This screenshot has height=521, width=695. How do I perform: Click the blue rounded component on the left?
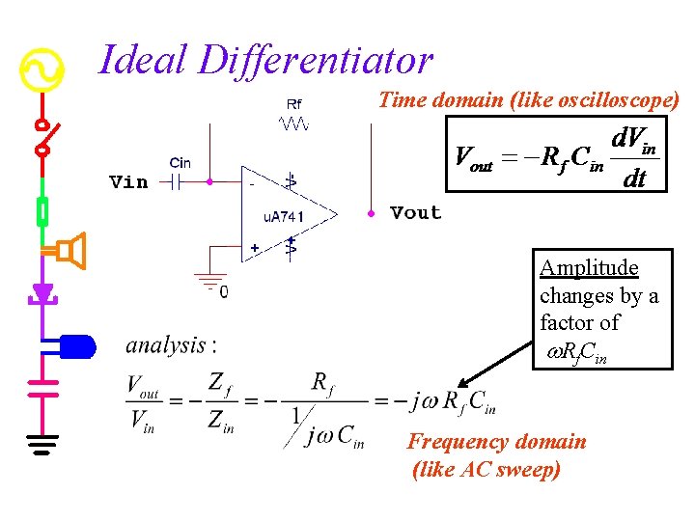[x=77, y=344]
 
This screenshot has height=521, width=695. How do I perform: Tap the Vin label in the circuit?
[x=128, y=182]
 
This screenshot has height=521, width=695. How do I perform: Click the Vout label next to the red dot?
[x=415, y=212]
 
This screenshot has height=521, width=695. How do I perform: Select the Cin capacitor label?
[x=180, y=163]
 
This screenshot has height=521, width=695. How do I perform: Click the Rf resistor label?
[x=293, y=104]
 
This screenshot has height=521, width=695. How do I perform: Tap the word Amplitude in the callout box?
[x=589, y=267]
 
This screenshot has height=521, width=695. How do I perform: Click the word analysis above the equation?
[x=166, y=344]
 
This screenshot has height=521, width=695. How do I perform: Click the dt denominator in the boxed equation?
[x=633, y=179]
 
